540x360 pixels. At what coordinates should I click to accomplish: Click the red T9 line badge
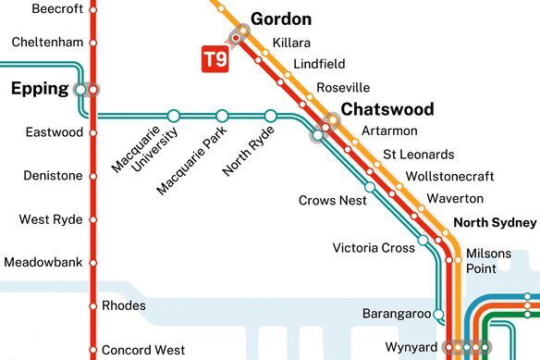215,59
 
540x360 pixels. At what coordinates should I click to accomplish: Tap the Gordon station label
281,19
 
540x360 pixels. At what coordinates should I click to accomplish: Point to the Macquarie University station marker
173,116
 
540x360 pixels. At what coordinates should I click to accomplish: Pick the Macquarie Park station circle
222,116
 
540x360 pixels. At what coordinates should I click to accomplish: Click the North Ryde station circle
271,116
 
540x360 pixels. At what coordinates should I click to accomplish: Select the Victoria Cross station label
374,247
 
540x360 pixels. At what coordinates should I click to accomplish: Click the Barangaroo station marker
438,314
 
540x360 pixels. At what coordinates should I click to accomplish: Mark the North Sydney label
495,223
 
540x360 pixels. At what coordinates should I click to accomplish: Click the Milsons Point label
487,260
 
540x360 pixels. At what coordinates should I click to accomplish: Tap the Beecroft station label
57,8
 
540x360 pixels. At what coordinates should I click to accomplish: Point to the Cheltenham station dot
92,43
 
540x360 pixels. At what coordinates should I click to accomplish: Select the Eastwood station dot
92,133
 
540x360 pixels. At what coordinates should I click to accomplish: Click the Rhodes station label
122,305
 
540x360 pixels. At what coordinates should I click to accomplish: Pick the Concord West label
142,350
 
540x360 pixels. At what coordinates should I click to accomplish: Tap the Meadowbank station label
43,263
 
